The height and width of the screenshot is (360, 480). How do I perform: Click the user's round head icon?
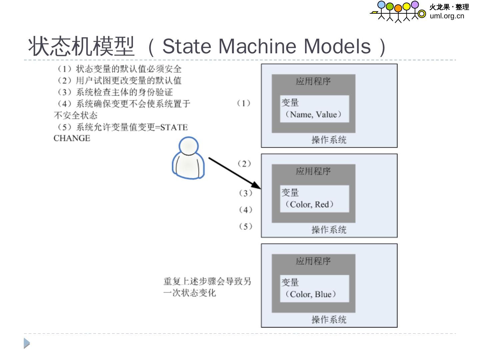[189, 146]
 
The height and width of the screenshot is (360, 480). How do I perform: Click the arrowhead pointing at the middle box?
[256, 185]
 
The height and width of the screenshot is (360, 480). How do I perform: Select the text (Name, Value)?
[313, 115]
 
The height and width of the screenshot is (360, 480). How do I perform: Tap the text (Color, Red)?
[309, 204]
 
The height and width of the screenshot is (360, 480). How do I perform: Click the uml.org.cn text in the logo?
[447, 16]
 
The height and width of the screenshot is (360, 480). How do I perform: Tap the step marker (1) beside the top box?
[244, 103]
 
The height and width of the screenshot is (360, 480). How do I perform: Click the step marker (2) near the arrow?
[244, 164]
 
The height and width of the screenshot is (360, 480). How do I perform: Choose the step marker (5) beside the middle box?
[246, 227]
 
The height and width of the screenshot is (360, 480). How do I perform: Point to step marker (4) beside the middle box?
[246, 210]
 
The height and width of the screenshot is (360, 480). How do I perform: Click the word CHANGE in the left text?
[72, 138]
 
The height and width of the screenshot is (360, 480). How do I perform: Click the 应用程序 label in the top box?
[313, 81]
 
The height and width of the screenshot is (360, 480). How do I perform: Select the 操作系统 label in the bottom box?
[329, 320]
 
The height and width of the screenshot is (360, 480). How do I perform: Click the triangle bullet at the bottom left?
[27, 343]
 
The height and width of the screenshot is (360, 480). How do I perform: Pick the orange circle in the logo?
[398, 8]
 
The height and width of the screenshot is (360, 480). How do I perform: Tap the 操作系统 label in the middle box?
[329, 230]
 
